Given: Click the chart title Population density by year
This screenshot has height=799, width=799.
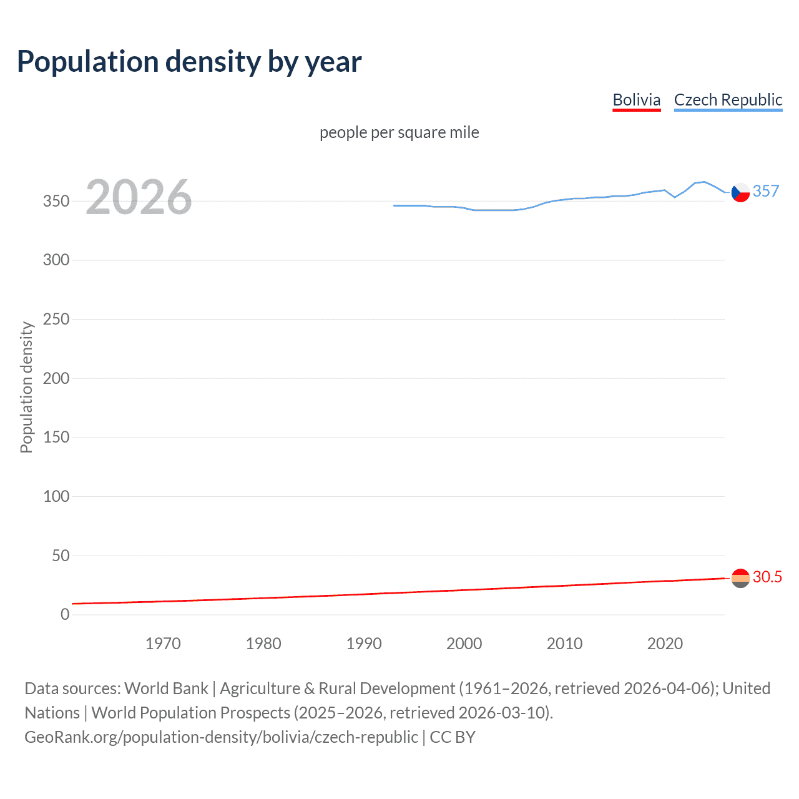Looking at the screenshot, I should (189, 62).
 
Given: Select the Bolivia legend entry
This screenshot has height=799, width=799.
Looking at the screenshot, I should (636, 100).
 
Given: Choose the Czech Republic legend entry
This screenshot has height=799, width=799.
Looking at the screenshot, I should (728, 100).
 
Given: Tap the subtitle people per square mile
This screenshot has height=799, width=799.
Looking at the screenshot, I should (399, 132).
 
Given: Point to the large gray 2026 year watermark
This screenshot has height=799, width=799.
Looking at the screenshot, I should (139, 197).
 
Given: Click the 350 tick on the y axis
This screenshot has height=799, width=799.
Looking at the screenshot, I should (56, 201).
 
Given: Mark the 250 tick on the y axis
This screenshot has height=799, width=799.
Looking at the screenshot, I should (56, 319).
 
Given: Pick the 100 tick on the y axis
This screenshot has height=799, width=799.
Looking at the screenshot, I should (56, 496).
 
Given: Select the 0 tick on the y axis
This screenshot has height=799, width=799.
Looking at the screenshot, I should (65, 614).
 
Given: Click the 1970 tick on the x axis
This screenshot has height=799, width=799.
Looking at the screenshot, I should (163, 644).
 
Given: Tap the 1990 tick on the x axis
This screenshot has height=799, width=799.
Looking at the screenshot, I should (364, 644).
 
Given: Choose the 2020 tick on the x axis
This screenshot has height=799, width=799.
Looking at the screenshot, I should (665, 644).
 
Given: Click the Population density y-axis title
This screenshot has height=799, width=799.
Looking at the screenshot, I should (26, 387).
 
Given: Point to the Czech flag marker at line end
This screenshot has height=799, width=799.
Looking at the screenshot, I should (740, 193).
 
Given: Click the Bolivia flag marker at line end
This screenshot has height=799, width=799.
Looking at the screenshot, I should (740, 578).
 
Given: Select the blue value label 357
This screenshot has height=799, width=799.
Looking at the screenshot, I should (766, 191).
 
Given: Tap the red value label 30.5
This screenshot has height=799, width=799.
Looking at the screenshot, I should (767, 577).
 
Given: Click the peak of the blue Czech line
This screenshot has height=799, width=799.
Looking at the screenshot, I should (704, 182).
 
